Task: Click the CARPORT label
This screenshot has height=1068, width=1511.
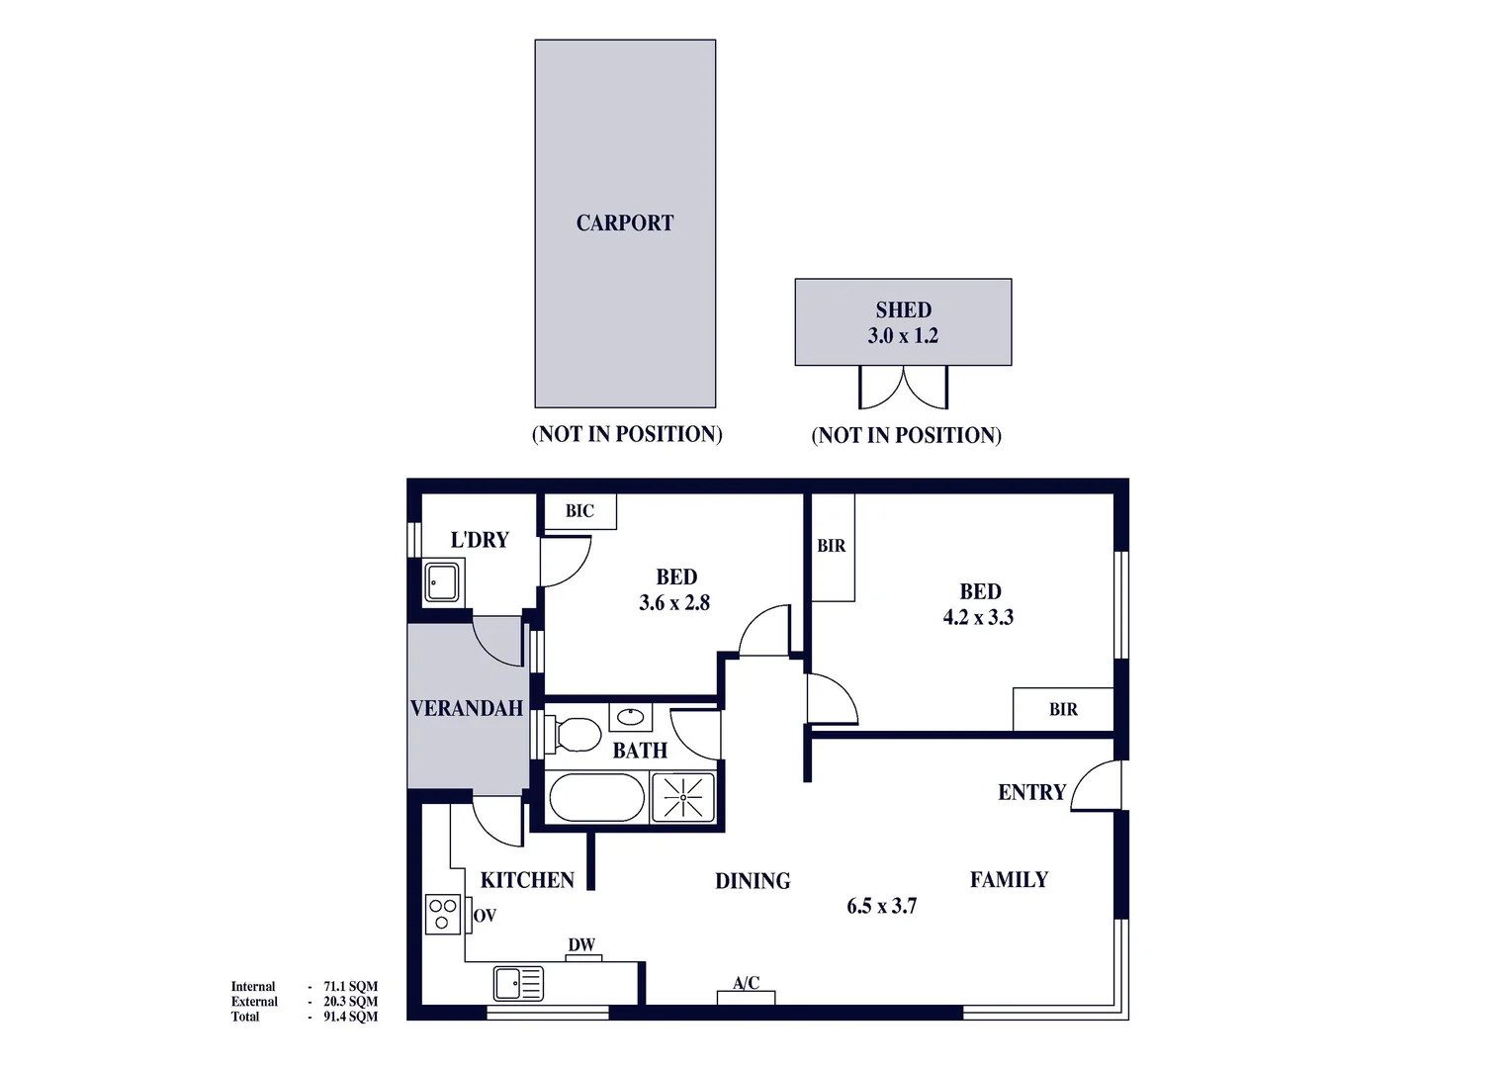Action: (x=624, y=223)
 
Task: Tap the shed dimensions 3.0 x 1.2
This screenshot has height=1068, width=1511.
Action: (x=902, y=336)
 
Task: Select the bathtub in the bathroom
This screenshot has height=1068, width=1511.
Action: (x=596, y=797)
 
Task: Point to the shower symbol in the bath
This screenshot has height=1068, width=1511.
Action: (x=682, y=797)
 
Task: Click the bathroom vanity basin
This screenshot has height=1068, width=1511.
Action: (x=630, y=716)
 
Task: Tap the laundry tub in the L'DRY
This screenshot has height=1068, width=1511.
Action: (x=442, y=582)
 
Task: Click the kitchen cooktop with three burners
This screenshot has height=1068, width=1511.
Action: (x=442, y=913)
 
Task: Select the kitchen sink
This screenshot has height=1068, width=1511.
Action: (x=517, y=983)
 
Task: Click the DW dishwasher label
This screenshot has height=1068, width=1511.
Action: (x=581, y=945)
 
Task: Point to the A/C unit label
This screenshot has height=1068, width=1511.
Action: (x=747, y=983)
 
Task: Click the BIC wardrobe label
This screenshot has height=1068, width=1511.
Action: (x=579, y=511)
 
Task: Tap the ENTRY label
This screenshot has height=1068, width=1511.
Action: (x=1031, y=792)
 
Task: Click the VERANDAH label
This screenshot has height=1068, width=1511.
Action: (x=466, y=708)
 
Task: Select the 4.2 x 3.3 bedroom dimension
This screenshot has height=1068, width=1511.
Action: (x=978, y=618)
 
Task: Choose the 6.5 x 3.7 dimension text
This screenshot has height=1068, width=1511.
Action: (x=881, y=906)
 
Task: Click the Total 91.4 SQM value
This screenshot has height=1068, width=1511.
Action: (x=350, y=1017)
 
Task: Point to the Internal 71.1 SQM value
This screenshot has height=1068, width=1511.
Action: (x=350, y=986)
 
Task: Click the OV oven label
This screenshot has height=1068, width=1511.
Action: (x=485, y=916)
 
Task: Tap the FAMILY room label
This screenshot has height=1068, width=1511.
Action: (x=1009, y=879)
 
